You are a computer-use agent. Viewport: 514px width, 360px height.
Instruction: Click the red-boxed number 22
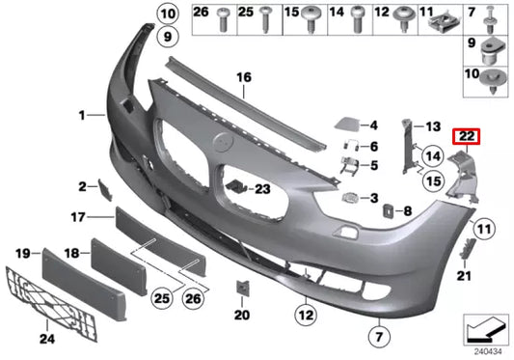[466, 136]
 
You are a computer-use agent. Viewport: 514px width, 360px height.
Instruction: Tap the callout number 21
[465, 277]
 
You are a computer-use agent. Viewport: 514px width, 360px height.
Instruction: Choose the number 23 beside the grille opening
[263, 189]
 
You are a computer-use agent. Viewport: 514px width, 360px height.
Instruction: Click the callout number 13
[433, 126]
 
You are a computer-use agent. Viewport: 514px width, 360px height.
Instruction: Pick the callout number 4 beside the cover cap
[375, 125]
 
